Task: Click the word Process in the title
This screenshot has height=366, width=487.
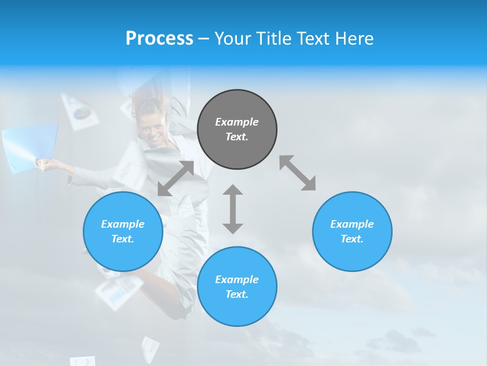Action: (x=159, y=39)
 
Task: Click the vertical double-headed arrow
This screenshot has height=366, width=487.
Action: (x=233, y=209)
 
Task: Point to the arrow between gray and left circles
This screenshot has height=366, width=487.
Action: (x=176, y=178)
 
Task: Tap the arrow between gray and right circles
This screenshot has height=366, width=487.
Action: (x=298, y=173)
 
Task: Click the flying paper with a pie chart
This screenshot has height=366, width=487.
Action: (x=80, y=111)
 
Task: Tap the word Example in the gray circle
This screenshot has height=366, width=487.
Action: (x=237, y=122)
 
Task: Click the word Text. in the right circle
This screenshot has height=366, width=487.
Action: (x=352, y=239)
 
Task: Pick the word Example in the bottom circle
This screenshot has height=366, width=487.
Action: (x=237, y=280)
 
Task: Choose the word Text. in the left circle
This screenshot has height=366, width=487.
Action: (x=123, y=239)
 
